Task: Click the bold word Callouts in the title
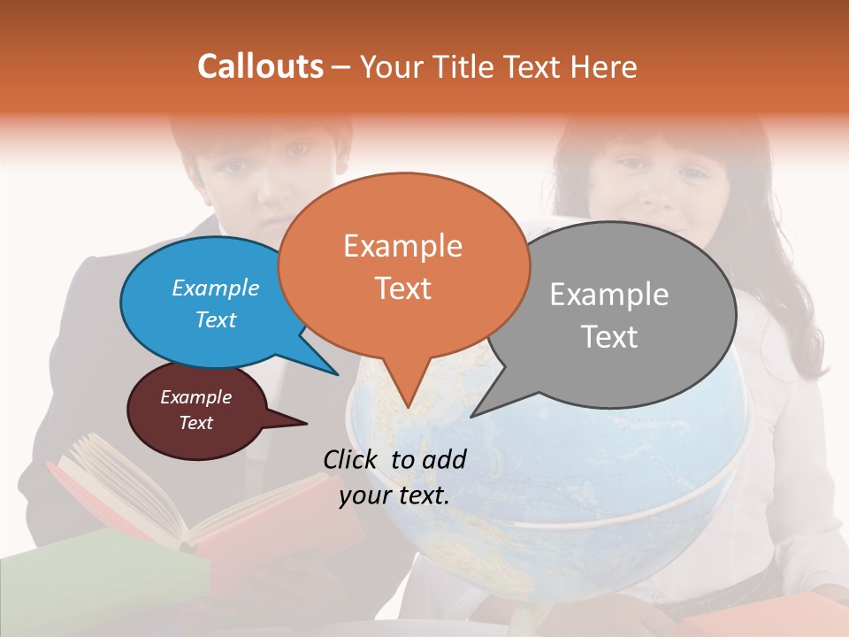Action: click(260, 66)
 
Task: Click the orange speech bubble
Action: click(402, 265)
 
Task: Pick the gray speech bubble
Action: click(619, 314)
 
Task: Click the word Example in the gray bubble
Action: click(609, 295)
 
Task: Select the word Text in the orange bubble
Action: click(403, 288)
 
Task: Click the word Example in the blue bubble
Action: click(216, 288)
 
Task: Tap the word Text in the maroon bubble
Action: click(195, 423)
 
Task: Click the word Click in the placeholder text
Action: click(352, 459)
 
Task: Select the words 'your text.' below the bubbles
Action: click(394, 495)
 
